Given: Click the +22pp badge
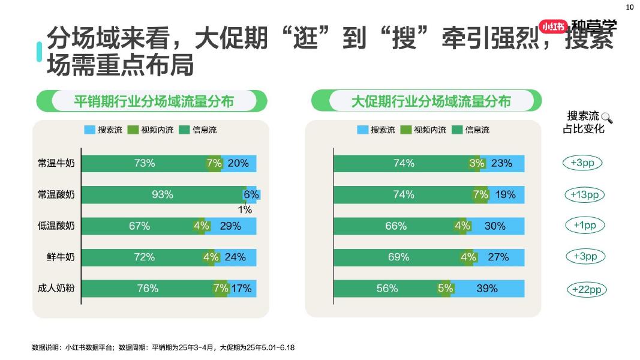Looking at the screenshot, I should pyautogui.click(x=586, y=290).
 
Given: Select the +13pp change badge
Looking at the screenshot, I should pyautogui.click(x=585, y=195).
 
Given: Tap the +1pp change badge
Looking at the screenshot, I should pyautogui.click(x=585, y=226).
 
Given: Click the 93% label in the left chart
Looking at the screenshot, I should pyautogui.click(x=163, y=194).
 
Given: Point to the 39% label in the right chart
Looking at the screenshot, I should pyautogui.click(x=487, y=289).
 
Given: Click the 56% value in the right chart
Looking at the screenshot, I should pyautogui.click(x=387, y=289).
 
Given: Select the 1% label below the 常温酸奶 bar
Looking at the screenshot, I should pyautogui.click(x=245, y=210).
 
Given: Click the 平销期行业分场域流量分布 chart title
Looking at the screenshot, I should pyautogui.click(x=154, y=101).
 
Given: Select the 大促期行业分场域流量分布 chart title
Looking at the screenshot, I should pyautogui.click(x=431, y=101).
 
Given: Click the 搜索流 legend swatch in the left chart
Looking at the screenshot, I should pyautogui.click(x=90, y=130).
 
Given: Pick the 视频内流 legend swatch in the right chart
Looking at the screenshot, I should pyautogui.click(x=406, y=130).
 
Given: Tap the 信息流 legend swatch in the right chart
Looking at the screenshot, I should pyautogui.click(x=458, y=130).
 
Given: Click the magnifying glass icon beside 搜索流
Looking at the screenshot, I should pyautogui.click(x=607, y=118).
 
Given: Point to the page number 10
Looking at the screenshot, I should pyautogui.click(x=630, y=7).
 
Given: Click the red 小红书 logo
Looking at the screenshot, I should pyautogui.click(x=552, y=26).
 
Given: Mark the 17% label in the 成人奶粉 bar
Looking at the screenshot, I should pyautogui.click(x=241, y=289).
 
